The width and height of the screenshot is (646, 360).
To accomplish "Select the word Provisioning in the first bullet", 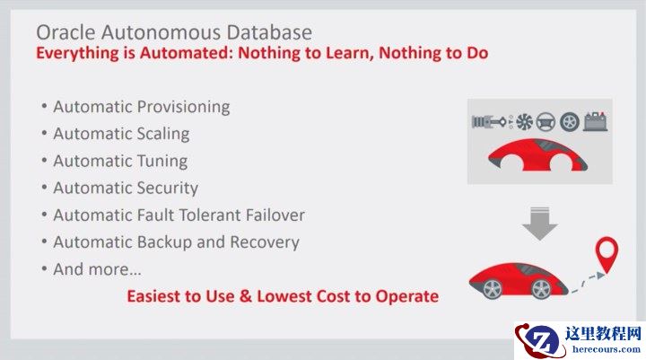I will click(x=183, y=107).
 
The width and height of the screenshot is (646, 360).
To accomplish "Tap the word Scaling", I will click(x=163, y=134).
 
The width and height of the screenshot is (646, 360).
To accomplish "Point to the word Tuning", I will click(x=162, y=162).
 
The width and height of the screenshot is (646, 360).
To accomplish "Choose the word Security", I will click(x=168, y=189).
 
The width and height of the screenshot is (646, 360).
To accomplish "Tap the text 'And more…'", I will click(x=97, y=269).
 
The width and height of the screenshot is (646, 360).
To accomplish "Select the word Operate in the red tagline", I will click(x=407, y=295).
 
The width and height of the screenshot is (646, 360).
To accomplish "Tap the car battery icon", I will click(x=594, y=121).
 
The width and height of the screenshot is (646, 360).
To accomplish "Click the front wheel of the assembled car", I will click(x=541, y=289).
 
